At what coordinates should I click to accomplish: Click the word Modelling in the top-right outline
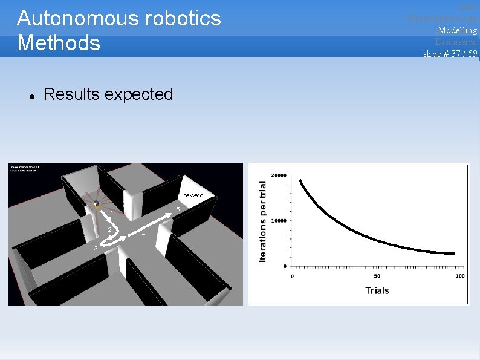pos(457,30)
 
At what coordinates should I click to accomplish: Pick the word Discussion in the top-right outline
pos(456,42)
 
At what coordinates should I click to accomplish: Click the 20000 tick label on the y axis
pos(279,175)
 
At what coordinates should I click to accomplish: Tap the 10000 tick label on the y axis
pos(279,221)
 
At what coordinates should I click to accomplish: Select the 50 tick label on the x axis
pos(376,277)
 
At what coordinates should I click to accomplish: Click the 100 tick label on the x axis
pos(459,277)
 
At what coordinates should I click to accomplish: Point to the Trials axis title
pos(377,290)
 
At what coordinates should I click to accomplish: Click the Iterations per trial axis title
pos(263,221)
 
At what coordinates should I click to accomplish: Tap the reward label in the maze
pos(193,195)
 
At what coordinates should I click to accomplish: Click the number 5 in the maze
pos(177,209)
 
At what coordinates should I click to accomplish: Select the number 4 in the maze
pos(143,234)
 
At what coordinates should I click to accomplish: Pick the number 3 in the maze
pos(94,248)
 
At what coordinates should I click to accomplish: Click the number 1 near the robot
pos(112,213)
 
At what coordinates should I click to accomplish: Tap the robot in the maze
pos(96,205)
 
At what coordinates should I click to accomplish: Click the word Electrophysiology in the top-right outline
pos(442,18)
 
